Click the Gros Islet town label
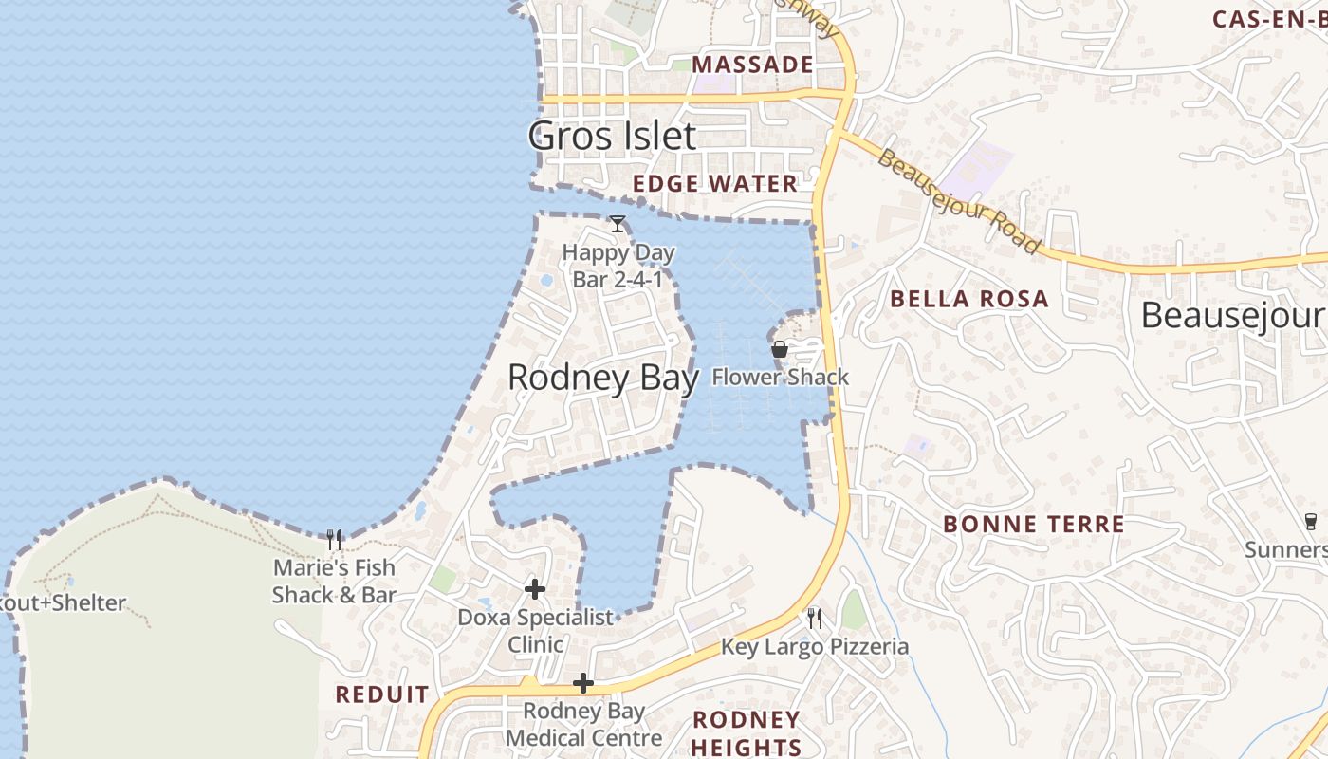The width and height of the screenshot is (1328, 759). click(x=612, y=136)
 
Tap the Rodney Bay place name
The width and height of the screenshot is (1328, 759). click(x=603, y=378)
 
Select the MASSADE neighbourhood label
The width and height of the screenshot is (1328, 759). click(x=753, y=65)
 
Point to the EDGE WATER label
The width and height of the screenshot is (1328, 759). click(x=715, y=184)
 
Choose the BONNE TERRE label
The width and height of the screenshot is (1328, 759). click(x=1034, y=524)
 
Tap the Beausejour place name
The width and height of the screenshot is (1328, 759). click(x=1231, y=316)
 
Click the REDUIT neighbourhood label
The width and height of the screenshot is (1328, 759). click(x=382, y=694)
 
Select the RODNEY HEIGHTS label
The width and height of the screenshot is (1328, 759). click(x=747, y=733)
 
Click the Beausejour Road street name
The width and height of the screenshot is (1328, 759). click(x=958, y=200)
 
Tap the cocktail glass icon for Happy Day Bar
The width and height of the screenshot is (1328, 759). click(x=618, y=224)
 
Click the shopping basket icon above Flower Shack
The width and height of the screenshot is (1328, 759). click(x=780, y=349)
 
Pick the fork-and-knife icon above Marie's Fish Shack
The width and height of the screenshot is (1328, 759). click(x=334, y=540)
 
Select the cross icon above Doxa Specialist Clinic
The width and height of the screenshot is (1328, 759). click(x=535, y=589)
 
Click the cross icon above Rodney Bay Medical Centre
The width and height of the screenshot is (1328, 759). click(x=583, y=683)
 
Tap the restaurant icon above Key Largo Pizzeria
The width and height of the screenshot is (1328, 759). click(x=815, y=619)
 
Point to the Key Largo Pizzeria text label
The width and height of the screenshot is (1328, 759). click(x=815, y=647)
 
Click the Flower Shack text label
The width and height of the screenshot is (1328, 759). click(x=780, y=378)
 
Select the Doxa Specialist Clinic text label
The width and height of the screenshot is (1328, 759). click(x=536, y=631)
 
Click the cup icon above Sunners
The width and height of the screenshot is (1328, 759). click(x=1311, y=521)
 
